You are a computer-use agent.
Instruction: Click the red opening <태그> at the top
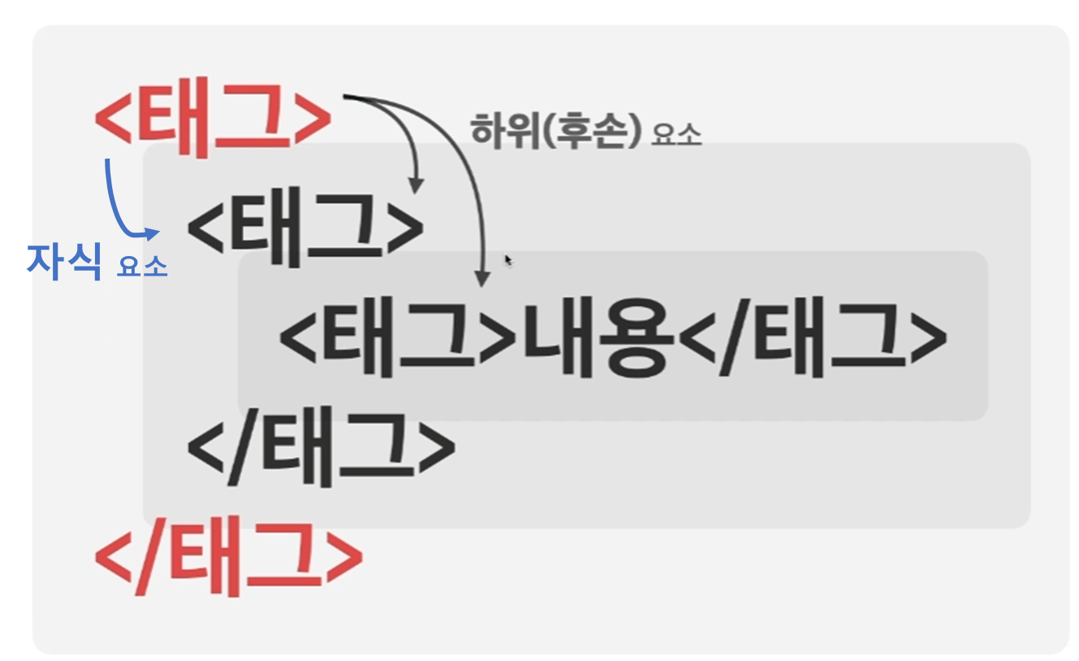pos(213,120)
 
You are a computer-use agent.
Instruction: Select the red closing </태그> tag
pos(228,560)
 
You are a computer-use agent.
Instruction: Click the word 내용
pos(598,339)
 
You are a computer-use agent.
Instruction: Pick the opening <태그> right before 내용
pos(398,339)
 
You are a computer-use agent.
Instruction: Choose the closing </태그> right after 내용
pos(812,339)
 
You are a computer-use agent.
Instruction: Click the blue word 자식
pos(63,260)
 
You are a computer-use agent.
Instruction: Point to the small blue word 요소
pos(142,266)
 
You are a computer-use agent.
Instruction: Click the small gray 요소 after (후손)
pos(676,134)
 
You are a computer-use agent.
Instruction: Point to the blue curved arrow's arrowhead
pos(154,233)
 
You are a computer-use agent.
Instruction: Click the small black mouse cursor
pos(509,260)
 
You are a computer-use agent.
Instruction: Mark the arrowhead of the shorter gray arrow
pos(416,186)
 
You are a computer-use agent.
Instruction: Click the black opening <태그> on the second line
pos(305,227)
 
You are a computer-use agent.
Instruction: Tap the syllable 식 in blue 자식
pos(83,260)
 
